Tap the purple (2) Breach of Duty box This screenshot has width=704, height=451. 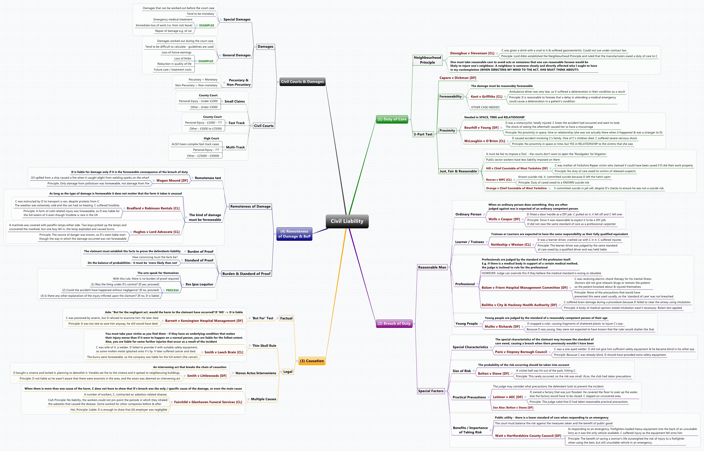(394, 324)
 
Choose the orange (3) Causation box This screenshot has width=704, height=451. (312, 361)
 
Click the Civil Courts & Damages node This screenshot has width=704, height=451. (302, 82)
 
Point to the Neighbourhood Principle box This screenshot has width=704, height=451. (427, 60)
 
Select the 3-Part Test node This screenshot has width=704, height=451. (423, 134)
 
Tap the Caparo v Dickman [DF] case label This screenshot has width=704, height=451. (458, 78)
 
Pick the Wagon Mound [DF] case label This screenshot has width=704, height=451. (172, 181)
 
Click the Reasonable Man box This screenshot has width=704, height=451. (432, 267)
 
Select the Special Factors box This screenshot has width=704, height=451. (430, 391)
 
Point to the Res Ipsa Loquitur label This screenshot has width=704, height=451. (199, 284)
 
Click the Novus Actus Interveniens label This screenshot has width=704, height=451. (256, 373)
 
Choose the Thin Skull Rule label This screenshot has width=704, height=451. (264, 346)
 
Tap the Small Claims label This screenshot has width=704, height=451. (235, 102)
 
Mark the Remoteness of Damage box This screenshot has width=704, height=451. (250, 207)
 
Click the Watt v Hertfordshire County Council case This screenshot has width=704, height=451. (528, 436)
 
